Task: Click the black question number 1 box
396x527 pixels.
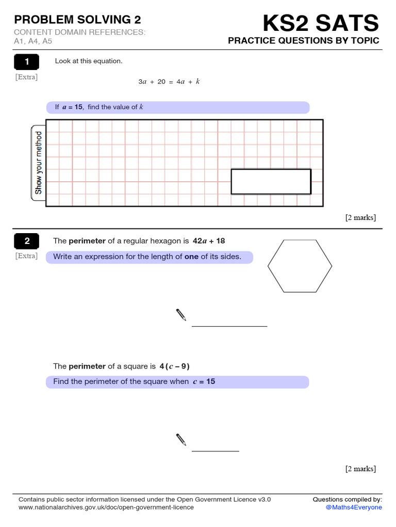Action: pyautogui.click(x=26, y=62)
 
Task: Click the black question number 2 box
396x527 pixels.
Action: pyautogui.click(x=26, y=241)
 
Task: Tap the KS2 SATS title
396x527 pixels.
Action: pyautogui.click(x=321, y=23)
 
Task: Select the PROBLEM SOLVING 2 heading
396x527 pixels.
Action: pyautogui.click(x=77, y=20)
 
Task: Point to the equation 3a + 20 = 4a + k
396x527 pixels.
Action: pyautogui.click(x=169, y=82)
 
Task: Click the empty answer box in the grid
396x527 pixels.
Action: pyautogui.click(x=271, y=182)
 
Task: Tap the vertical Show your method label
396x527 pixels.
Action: pyautogui.click(x=38, y=163)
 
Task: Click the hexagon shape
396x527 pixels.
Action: pyautogui.click(x=300, y=266)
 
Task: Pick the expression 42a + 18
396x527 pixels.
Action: pyautogui.click(x=209, y=241)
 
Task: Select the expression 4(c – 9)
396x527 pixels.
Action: pyautogui.click(x=174, y=366)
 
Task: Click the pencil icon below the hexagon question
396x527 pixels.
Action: pyautogui.click(x=181, y=315)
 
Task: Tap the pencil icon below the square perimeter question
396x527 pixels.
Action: pyautogui.click(x=181, y=440)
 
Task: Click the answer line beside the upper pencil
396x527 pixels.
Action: pyautogui.click(x=229, y=326)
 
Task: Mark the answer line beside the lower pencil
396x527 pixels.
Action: pyautogui.click(x=215, y=451)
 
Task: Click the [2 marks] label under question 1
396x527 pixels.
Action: pyautogui.click(x=360, y=217)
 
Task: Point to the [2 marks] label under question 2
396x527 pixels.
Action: pyautogui.click(x=360, y=468)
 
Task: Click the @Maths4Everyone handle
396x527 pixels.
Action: pyautogui.click(x=354, y=507)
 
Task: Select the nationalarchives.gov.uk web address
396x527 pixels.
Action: pyautogui.click(x=106, y=507)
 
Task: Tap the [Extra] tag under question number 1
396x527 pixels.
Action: pyautogui.click(x=26, y=77)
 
